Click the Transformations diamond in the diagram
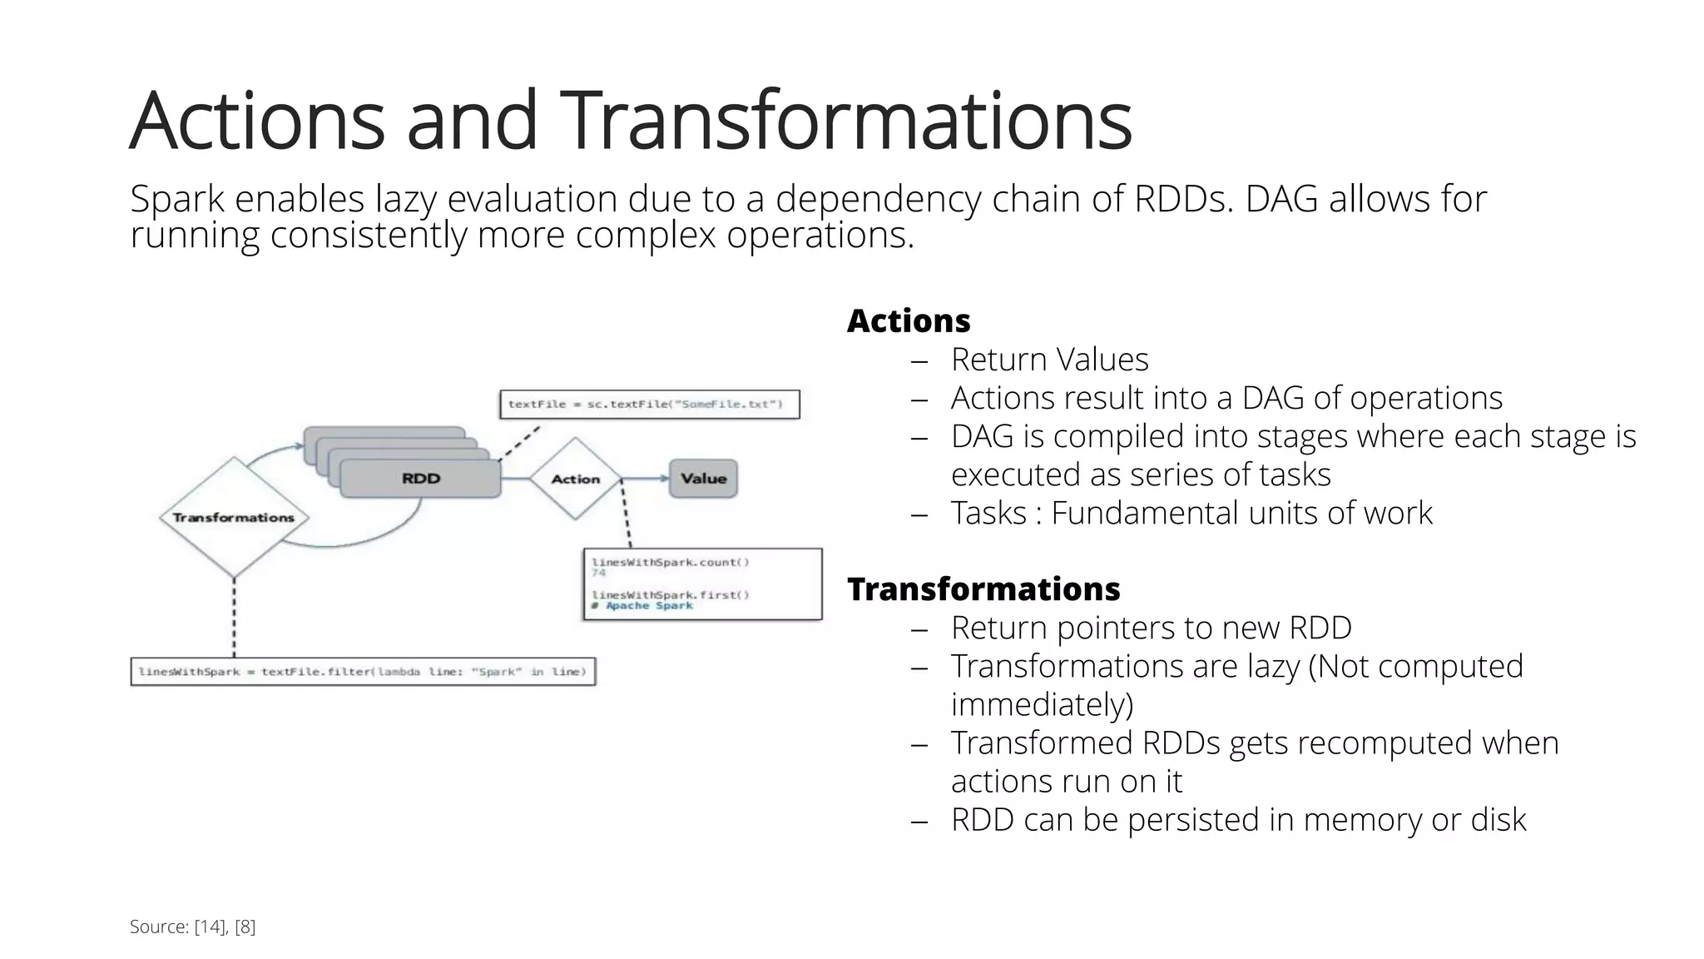[234, 517]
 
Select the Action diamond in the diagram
[576, 479]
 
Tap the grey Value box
[703, 479]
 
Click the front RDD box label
[421, 479]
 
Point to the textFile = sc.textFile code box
[649, 405]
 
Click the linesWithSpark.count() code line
[671, 563]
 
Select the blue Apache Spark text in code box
[648, 606]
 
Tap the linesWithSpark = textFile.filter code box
[363, 672]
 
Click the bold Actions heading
[909, 320]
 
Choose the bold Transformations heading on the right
[983, 589]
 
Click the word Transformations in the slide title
[845, 121]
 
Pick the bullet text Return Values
[1049, 360]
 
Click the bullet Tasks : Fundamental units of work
[1191, 513]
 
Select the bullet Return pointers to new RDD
[1151, 628]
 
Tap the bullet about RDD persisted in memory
[1238, 820]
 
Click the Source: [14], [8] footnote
[192, 927]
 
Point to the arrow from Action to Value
[646, 479]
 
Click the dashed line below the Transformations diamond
[234, 616]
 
